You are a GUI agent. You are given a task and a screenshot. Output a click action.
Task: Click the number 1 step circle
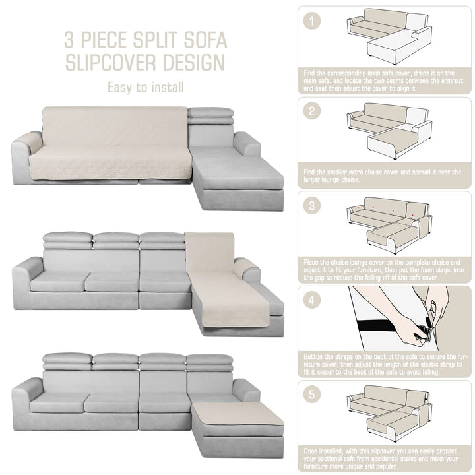(x=311, y=21)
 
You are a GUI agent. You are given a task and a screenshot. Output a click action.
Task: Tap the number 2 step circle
(x=311, y=111)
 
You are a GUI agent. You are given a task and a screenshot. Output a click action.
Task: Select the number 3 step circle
(x=311, y=205)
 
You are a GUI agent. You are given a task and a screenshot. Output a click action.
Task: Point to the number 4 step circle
(x=311, y=300)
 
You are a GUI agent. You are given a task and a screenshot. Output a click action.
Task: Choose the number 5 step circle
(x=311, y=395)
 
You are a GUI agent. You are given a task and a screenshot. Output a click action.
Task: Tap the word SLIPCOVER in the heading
(x=111, y=63)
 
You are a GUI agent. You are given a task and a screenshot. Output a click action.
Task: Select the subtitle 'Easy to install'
(x=146, y=88)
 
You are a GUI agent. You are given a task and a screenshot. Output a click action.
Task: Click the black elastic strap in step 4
(x=388, y=327)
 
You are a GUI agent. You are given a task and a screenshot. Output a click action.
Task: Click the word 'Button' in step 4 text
(x=315, y=356)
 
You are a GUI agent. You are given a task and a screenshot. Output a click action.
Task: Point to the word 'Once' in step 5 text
(x=311, y=451)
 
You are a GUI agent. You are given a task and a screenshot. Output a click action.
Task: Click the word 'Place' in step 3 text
(x=312, y=262)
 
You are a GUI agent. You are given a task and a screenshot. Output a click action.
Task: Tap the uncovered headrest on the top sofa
(x=210, y=115)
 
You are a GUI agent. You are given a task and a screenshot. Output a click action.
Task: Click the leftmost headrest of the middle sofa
(x=67, y=240)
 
